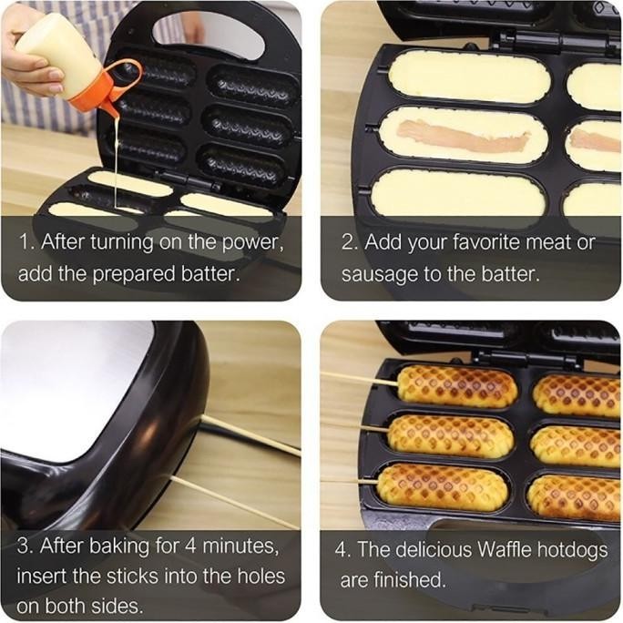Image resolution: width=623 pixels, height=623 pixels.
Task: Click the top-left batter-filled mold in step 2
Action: tap(469, 77)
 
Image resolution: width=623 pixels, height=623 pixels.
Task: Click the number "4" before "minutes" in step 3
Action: tap(166, 547)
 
